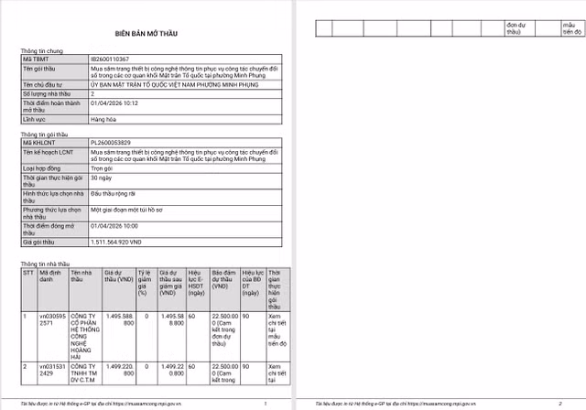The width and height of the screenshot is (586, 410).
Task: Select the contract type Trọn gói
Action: [103, 167]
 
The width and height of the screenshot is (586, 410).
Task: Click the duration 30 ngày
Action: [101, 180]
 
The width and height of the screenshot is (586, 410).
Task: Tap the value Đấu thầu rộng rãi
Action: [114, 193]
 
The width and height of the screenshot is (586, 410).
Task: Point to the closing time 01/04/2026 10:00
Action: [114, 224]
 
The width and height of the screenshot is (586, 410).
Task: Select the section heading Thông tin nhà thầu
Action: [46, 264]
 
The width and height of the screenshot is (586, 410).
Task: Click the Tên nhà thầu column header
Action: [80, 276]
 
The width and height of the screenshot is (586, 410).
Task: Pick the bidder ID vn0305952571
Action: [50, 319]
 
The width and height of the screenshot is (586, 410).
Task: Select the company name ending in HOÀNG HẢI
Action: [81, 335]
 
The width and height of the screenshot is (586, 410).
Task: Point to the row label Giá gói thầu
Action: [41, 242]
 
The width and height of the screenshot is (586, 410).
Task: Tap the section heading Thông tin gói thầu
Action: [46, 135]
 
